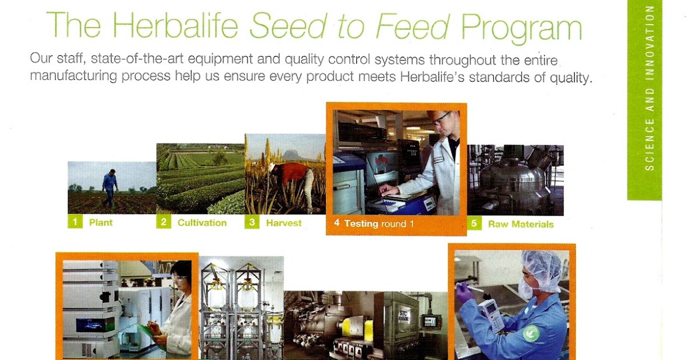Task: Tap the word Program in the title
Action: click(521, 27)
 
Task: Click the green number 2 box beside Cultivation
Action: click(163, 222)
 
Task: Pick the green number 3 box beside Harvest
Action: click(252, 222)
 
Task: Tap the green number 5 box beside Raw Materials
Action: click(474, 223)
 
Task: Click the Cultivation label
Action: click(202, 223)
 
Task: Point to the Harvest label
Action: click(284, 223)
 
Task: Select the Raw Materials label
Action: click(520, 224)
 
